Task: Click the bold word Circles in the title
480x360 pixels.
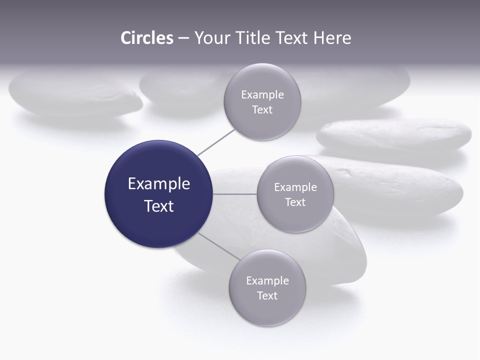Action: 146,38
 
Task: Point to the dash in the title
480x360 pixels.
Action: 183,38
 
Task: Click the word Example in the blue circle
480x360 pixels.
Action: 158,183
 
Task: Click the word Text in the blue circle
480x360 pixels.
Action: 158,205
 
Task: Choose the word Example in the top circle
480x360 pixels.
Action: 262,94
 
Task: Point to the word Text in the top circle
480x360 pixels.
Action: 262,109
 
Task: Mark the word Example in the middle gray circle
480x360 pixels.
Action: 295,187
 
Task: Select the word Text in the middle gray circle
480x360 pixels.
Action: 295,202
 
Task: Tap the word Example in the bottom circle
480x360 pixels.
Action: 267,280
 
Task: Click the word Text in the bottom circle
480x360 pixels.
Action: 267,295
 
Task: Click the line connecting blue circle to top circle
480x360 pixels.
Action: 216,142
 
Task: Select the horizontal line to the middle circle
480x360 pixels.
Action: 234,194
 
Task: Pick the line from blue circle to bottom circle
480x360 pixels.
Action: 219,245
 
